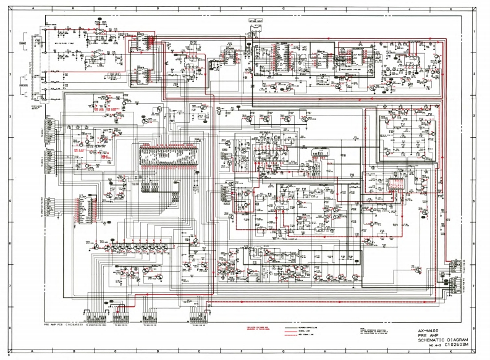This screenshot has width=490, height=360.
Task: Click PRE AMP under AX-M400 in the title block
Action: tap(428, 335)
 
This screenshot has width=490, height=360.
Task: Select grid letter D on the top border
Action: tap(156, 7)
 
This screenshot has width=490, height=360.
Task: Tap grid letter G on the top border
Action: tap(282, 7)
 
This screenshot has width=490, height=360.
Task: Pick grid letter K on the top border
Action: tap(449, 7)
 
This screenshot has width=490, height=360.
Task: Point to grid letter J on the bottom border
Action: tap(408, 353)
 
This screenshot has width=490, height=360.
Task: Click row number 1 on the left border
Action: tap(9, 31)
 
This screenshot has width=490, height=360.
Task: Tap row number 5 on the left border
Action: tap(9, 200)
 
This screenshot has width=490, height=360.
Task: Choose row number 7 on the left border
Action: tap(9, 284)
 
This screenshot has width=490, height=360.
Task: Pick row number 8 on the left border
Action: tap(9, 326)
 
